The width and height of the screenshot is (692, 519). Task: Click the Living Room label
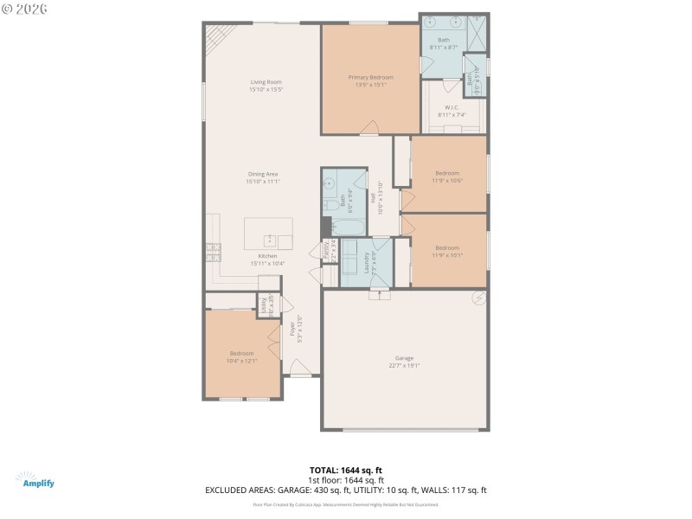[x=266, y=81]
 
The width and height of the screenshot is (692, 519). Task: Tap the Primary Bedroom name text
[x=370, y=77]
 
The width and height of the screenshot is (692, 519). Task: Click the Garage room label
[x=404, y=358]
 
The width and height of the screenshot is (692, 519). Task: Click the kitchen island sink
[x=268, y=236]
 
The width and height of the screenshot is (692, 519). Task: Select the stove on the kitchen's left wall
[x=213, y=252]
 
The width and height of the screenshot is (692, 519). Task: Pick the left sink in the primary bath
[x=432, y=27]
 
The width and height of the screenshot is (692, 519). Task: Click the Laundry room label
[x=367, y=261]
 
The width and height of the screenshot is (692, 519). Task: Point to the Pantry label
[x=325, y=250]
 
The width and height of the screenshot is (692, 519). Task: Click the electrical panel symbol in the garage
[x=477, y=298]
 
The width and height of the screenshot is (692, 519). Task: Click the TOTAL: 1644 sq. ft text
[x=346, y=470]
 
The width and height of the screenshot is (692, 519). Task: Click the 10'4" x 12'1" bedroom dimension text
[x=241, y=360]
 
